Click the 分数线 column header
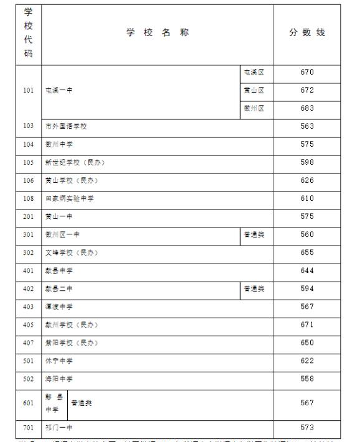[x=307, y=33]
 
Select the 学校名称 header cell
[x=157, y=33]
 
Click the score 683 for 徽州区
[x=307, y=108]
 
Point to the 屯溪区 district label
[x=254, y=73]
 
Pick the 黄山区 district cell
[x=254, y=91]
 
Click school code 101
[x=29, y=91]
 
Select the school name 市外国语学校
[x=66, y=127]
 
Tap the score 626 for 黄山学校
[x=307, y=181]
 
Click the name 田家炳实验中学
[x=69, y=199]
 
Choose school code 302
[x=29, y=253]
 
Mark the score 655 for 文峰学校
[x=307, y=253]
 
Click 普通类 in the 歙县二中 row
[x=254, y=289]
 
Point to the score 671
[x=307, y=325]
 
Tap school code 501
[x=29, y=361]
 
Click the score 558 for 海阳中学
[x=307, y=379]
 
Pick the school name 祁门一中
[x=59, y=428]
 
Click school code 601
[x=29, y=403]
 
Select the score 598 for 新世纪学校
[x=307, y=163]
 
